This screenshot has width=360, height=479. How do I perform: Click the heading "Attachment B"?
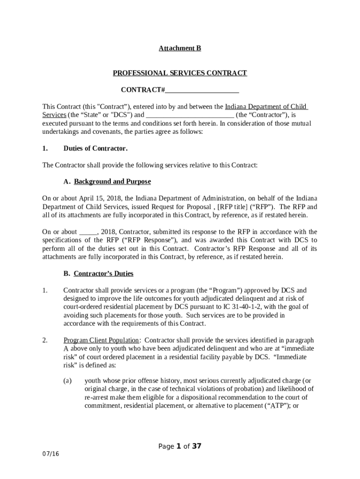pyautogui.click(x=180, y=48)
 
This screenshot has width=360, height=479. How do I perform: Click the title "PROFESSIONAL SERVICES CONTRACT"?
pyautogui.click(x=180, y=73)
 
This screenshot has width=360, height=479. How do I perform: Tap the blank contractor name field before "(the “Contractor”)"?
pyautogui.click(x=190, y=115)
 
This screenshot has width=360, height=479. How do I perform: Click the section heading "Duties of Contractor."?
pyautogui.click(x=95, y=148)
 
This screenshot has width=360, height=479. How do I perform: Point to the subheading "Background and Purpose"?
pyautogui.click(x=112, y=181)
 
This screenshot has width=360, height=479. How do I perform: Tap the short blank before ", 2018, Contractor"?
pyautogui.click(x=88, y=232)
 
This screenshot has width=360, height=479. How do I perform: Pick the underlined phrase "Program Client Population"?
pyautogui.click(x=101, y=340)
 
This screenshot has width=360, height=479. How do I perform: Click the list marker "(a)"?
pyautogui.click(x=67, y=381)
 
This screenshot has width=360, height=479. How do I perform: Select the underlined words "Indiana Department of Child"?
pyautogui.click(x=266, y=107)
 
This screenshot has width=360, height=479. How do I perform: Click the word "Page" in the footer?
pyautogui.click(x=166, y=446)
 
